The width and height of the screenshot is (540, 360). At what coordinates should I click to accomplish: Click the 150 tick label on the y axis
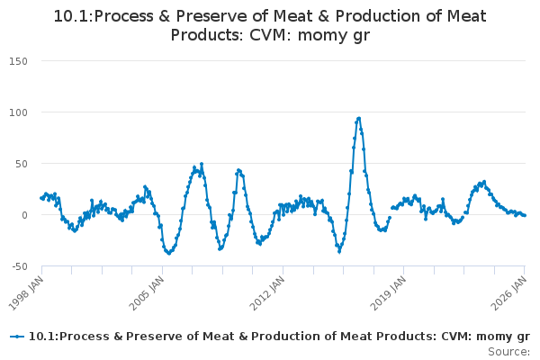click(x=19, y=61)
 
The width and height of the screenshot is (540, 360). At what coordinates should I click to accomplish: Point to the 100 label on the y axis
click(x=19, y=112)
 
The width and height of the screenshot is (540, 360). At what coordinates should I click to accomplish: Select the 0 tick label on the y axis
click(x=25, y=215)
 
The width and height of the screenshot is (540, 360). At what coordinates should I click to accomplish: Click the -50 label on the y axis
click(x=19, y=266)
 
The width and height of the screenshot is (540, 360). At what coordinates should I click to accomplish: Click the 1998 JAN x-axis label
click(x=26, y=290)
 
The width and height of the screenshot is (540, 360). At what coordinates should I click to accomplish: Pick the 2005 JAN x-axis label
click(x=147, y=290)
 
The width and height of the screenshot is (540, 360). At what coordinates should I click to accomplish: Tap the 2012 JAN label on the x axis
click(x=267, y=290)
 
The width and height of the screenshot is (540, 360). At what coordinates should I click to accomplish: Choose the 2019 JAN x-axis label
click(x=388, y=290)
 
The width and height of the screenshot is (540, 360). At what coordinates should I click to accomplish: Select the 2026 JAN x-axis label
click(x=509, y=290)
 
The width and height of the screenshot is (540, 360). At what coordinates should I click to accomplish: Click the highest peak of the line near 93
click(x=359, y=118)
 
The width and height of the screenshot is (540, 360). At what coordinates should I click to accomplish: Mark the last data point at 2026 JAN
click(x=525, y=215)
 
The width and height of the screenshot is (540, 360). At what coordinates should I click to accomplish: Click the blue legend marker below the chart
click(x=17, y=337)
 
